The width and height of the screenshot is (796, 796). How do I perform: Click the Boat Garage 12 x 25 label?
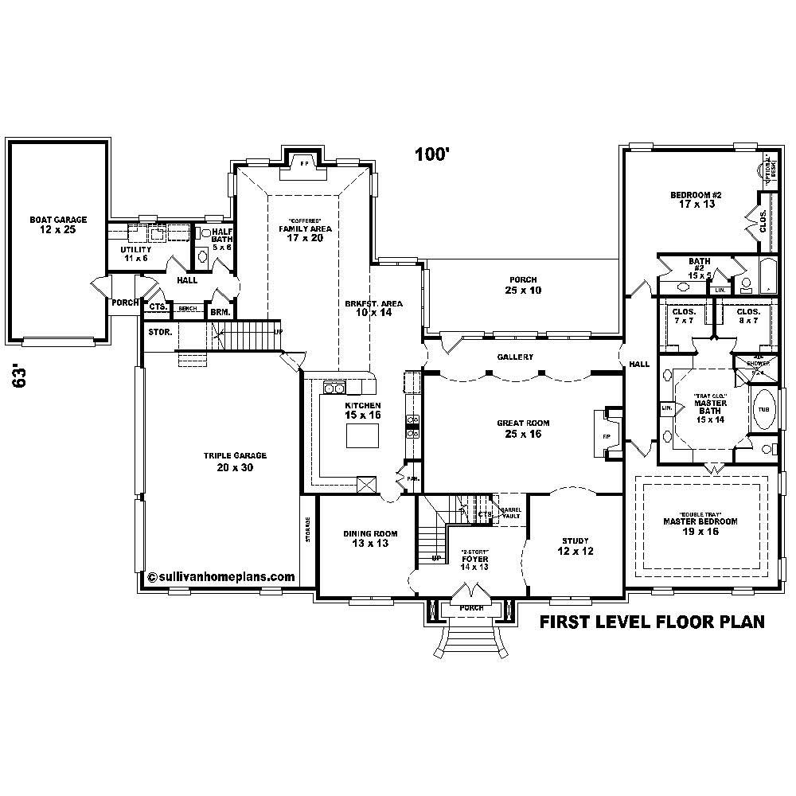58,225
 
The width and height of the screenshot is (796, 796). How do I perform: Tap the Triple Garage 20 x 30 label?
234,462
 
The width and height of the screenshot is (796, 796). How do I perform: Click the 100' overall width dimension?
432,155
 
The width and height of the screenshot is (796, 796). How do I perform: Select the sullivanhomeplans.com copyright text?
221,578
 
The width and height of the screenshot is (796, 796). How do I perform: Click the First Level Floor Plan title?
653,622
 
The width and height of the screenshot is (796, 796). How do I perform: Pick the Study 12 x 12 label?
575,546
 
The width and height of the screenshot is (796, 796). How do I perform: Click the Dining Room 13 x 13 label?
369,539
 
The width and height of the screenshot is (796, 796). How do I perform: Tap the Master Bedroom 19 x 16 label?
700,526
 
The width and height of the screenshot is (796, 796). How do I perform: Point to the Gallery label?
515,357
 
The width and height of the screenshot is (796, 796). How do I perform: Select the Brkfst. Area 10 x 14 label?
373,308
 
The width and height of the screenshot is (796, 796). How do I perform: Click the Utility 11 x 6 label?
135,254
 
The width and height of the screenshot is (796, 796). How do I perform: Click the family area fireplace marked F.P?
302,163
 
